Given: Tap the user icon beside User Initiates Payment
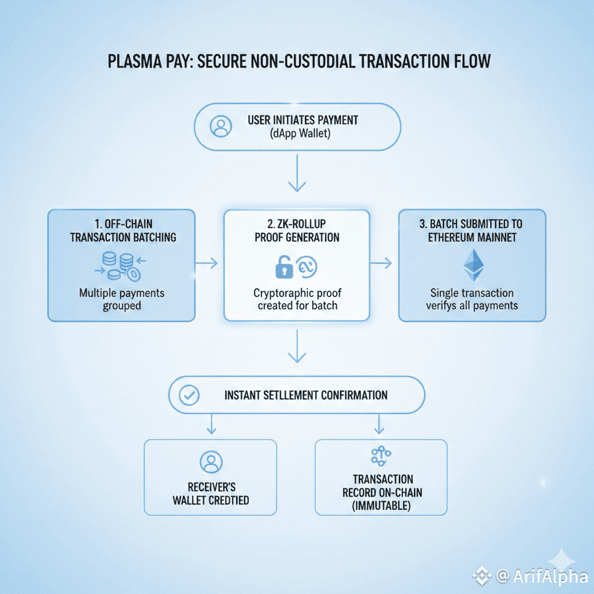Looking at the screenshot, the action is [221, 126].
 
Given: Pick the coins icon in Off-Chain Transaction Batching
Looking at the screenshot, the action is [119, 265].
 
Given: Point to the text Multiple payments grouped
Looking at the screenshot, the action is [121, 299].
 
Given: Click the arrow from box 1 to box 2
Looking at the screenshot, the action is [207, 263].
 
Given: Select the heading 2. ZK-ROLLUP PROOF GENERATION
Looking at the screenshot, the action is [297, 230].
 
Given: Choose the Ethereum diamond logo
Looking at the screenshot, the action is [473, 265].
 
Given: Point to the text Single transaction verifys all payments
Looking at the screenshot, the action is [472, 299].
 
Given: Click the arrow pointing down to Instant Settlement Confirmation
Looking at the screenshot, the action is [297, 352].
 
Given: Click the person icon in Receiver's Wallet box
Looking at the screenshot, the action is [211, 462].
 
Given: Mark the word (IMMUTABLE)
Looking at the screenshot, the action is [382, 506].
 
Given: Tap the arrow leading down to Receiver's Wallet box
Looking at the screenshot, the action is [211, 425].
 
